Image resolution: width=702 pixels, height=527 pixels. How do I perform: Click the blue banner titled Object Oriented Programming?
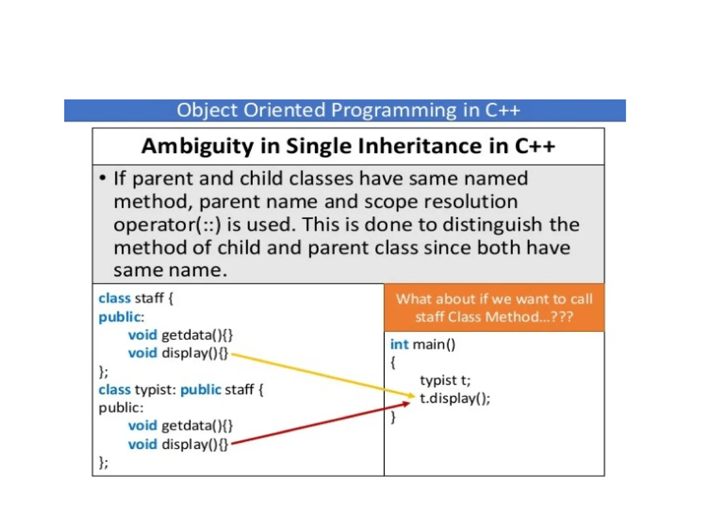[x=344, y=110]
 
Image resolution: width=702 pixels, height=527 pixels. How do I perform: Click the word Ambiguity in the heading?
[x=197, y=146]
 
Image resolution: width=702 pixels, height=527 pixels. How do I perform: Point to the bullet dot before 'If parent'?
[x=102, y=178]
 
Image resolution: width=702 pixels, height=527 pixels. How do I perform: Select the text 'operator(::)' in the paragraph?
[x=167, y=225]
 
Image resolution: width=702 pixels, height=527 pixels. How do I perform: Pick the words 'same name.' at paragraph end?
[x=170, y=270]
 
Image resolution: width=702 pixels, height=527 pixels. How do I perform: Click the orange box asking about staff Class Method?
[x=494, y=308]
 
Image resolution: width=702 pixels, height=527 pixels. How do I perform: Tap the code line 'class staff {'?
[x=136, y=298]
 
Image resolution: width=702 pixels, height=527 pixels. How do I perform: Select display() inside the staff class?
[x=195, y=353]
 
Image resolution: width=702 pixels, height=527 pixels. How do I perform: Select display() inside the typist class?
[x=195, y=444]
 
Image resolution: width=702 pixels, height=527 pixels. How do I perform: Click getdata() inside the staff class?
[x=197, y=335]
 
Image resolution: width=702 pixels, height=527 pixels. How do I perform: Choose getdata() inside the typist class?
[x=197, y=426]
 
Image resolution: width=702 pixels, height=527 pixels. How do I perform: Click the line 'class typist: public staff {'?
[x=181, y=390]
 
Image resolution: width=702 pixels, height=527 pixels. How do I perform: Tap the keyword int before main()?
[x=399, y=344]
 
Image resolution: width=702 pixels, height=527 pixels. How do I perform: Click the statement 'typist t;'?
[x=445, y=380]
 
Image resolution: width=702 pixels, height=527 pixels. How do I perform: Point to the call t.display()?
[x=455, y=398]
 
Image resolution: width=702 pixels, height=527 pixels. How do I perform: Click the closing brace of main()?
[x=393, y=417]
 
